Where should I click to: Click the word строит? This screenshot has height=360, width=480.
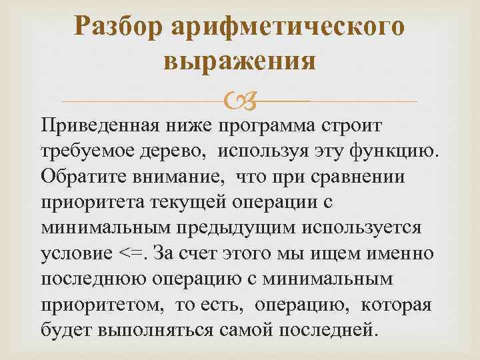coord(369,125)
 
